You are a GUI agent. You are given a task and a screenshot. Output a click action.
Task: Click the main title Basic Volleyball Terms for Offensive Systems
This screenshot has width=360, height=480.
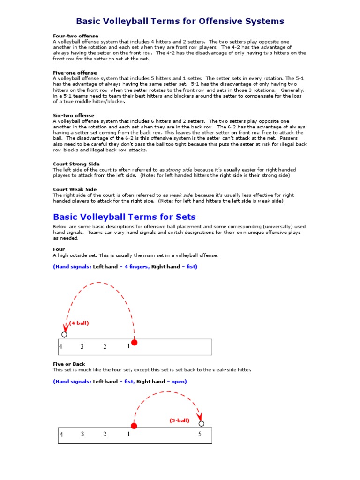click(x=180, y=21)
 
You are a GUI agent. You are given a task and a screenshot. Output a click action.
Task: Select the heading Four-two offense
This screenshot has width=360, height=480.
click(x=75, y=36)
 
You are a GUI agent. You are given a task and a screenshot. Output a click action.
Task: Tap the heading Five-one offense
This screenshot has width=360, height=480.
click(x=75, y=73)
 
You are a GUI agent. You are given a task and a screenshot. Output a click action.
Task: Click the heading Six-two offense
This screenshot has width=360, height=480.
click(x=74, y=115)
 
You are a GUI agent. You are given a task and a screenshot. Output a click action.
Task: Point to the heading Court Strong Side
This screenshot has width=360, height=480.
click(x=76, y=164)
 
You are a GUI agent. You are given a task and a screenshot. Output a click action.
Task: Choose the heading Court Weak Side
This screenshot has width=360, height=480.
click(x=75, y=189)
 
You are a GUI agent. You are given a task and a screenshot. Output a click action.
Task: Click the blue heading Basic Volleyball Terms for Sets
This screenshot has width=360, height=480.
click(x=124, y=217)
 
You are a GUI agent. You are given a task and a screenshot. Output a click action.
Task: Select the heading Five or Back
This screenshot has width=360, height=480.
click(x=69, y=364)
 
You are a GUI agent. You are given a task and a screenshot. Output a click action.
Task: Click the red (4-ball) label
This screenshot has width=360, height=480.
click(x=79, y=323)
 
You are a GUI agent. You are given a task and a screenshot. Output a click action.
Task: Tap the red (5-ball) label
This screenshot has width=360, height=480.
click(x=180, y=420)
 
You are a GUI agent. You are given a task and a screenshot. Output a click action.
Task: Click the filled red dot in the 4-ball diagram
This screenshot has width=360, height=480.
click(x=135, y=343)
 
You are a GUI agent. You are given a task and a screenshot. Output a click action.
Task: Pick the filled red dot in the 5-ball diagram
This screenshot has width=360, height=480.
click(x=134, y=426)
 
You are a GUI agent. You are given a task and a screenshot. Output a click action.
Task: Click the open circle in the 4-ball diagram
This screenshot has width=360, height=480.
click(x=64, y=334)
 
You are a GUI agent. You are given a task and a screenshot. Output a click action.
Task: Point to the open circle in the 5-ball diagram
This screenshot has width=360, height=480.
click(x=202, y=424)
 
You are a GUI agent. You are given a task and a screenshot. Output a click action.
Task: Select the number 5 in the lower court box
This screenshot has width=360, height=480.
click(x=200, y=435)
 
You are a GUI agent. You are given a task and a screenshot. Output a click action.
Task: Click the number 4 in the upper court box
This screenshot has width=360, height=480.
click(x=60, y=347)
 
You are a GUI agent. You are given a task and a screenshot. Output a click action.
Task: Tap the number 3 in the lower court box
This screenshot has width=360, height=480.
click(x=82, y=435)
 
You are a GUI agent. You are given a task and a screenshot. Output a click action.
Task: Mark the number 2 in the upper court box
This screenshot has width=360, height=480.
click(x=105, y=347)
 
